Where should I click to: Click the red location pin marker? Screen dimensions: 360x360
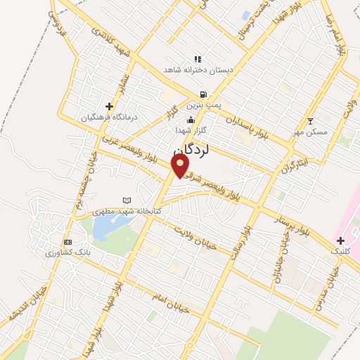point(181,165)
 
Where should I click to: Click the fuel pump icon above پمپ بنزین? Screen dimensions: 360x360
point(203,94)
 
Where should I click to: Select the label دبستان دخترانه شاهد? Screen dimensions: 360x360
point(192,70)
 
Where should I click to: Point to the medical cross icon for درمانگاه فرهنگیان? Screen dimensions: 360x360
point(108,106)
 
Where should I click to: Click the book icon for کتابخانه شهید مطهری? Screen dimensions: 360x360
point(127,200)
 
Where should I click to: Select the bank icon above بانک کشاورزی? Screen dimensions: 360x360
point(67,241)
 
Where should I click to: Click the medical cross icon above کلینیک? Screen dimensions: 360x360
point(340,240)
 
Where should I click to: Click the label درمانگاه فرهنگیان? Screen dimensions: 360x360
point(108,117)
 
